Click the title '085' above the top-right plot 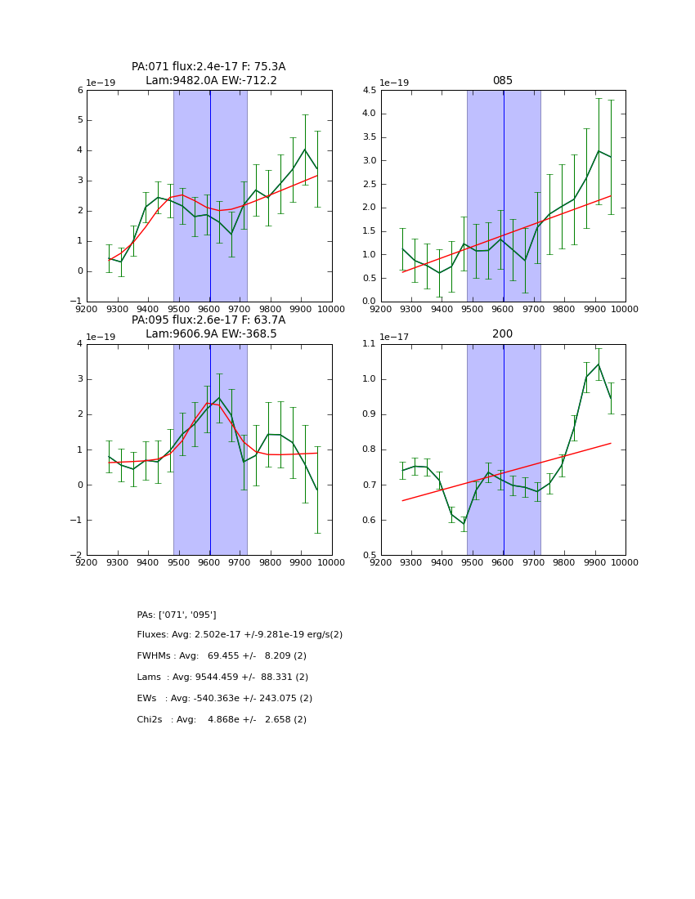[x=502, y=81]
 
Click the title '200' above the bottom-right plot [x=502, y=334]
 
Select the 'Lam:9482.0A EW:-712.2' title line [x=211, y=81]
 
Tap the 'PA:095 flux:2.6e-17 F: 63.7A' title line [x=208, y=320]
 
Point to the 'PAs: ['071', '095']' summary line [x=177, y=615]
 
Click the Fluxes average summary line [x=240, y=635]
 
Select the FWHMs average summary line [x=222, y=656]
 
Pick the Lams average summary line [x=222, y=678]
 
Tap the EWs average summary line [x=224, y=699]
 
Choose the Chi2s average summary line [x=222, y=720]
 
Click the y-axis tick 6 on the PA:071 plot [x=80, y=91]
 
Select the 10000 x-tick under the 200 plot [x=625, y=562]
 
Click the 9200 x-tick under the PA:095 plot [x=87, y=562]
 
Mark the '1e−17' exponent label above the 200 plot [x=395, y=337]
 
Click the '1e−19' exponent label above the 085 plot [x=395, y=83]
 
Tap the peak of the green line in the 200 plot [x=599, y=365]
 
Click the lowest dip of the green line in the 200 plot [x=464, y=524]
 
